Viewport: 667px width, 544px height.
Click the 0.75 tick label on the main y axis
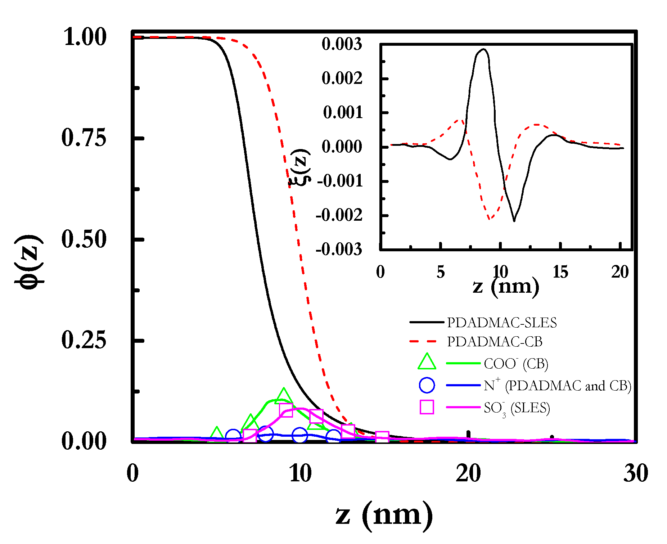click(84, 138)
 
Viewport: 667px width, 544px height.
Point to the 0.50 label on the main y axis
click(84, 239)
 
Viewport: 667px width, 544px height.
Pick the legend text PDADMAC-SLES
click(502, 323)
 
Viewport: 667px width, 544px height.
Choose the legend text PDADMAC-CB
click(495, 342)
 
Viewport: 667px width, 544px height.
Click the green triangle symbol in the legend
click(427, 362)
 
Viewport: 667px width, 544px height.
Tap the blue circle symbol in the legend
click(427, 385)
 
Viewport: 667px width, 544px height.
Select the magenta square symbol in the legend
click(427, 407)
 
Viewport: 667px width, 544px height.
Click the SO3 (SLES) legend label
click(517, 408)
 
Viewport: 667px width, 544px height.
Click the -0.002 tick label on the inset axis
click(339, 215)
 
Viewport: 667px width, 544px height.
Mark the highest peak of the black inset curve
click(483, 49)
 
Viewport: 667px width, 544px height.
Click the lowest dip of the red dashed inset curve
click(490, 219)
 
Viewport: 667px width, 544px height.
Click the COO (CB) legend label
click(516, 364)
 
